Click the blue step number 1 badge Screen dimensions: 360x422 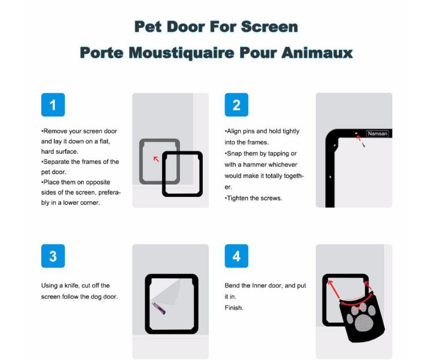coord(53,104)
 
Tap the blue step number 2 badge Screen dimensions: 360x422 coord(236,104)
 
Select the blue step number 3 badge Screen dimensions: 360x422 coord(53,256)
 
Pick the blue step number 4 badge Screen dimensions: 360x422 coord(236,256)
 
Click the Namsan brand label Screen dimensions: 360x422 coord(377,134)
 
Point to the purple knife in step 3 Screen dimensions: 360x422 coord(158,308)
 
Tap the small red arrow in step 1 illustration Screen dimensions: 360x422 coord(156,159)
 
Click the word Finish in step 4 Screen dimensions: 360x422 coord(233,308)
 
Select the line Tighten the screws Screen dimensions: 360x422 coord(254,198)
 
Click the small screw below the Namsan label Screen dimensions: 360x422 coord(363,145)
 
